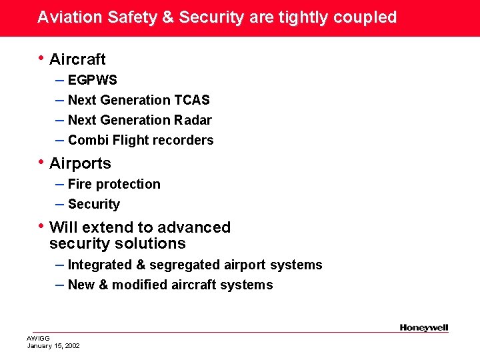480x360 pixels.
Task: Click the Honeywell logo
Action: (424, 327)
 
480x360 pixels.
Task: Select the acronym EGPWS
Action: (93, 81)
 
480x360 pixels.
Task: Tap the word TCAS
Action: (192, 101)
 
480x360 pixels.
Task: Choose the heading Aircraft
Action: (77, 60)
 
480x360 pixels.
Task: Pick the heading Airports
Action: (80, 164)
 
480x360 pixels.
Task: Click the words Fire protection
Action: (114, 185)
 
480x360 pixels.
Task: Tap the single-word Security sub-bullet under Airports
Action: (94, 205)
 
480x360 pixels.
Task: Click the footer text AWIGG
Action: (38, 339)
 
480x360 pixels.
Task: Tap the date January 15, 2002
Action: (53, 346)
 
